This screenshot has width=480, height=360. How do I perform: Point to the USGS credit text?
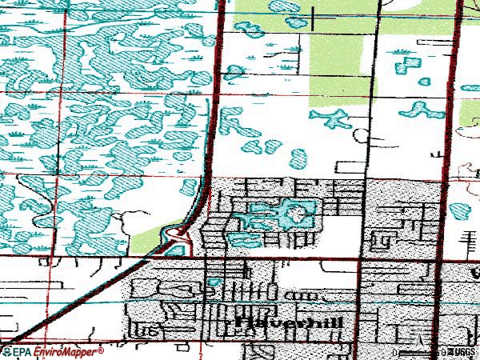[x=462, y=351]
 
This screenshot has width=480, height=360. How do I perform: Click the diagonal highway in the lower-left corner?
[x=48, y=316]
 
